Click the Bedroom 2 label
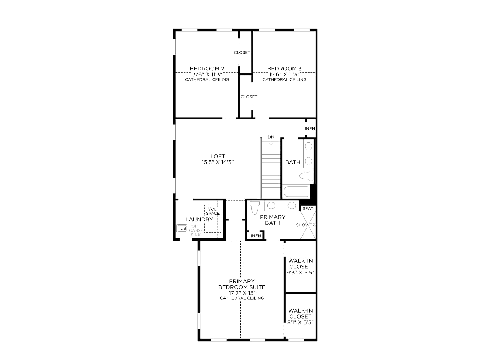click(207, 69)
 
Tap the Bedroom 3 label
click(284, 69)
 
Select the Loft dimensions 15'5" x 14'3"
click(218, 162)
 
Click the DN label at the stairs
click(271, 137)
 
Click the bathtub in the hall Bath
click(296, 192)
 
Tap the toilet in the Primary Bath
click(254, 207)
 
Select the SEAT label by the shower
click(308, 209)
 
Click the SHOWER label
click(305, 225)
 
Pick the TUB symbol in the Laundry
click(182, 228)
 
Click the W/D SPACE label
click(213, 211)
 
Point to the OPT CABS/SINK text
click(196, 231)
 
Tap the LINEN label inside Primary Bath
click(254, 236)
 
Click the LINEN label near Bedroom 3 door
click(309, 128)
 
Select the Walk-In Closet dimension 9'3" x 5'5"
click(301, 273)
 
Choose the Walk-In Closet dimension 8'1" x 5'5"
click(301, 322)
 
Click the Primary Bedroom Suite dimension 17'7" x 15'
click(242, 293)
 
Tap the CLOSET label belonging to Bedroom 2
click(242, 52)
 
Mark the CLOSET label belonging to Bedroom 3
click(249, 97)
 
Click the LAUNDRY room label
click(199, 220)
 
